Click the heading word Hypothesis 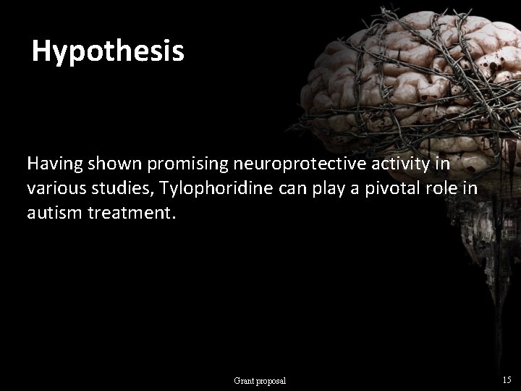(109, 51)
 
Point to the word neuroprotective (282, 165)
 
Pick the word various (52, 189)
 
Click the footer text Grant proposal (260, 380)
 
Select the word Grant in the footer (244, 380)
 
